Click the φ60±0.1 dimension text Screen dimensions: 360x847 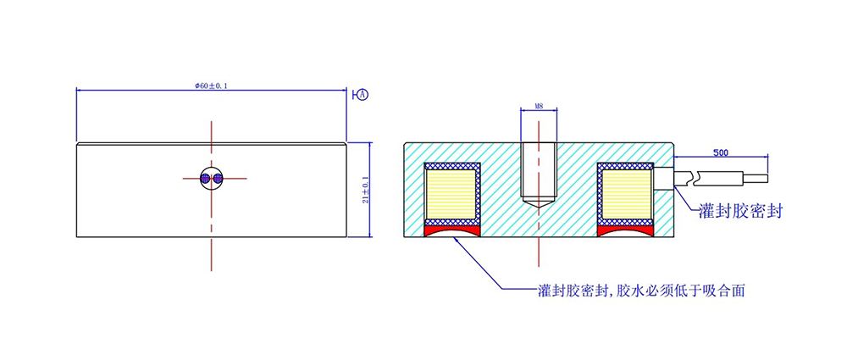click(x=212, y=86)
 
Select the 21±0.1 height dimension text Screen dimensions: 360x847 click(x=365, y=190)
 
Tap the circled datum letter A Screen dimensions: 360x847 click(x=363, y=94)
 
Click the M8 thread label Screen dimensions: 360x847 click(x=539, y=107)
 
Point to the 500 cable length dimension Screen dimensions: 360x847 click(x=721, y=153)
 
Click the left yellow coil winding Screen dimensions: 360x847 click(x=451, y=196)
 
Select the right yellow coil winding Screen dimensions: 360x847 click(x=627, y=196)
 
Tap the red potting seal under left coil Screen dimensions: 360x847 click(x=452, y=230)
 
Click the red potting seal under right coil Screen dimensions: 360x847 click(x=627, y=230)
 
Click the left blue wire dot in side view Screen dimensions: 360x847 click(x=206, y=179)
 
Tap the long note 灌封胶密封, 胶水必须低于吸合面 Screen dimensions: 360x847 click(x=640, y=291)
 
